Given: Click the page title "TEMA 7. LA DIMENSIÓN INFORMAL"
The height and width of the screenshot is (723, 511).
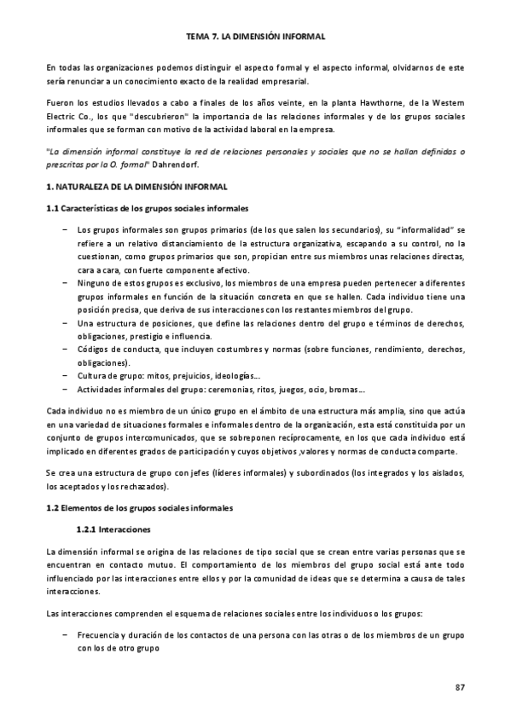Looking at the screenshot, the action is pyautogui.click(x=255, y=37).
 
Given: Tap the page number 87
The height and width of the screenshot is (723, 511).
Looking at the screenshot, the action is pyautogui.click(x=459, y=687).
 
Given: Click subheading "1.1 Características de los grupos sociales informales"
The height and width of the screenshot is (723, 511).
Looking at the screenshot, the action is pyautogui.click(x=148, y=208).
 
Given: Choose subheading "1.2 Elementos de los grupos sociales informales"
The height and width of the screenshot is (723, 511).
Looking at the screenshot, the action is pyautogui.click(x=138, y=508).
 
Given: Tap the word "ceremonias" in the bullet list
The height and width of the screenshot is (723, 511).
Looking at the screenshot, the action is pyautogui.click(x=236, y=390).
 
